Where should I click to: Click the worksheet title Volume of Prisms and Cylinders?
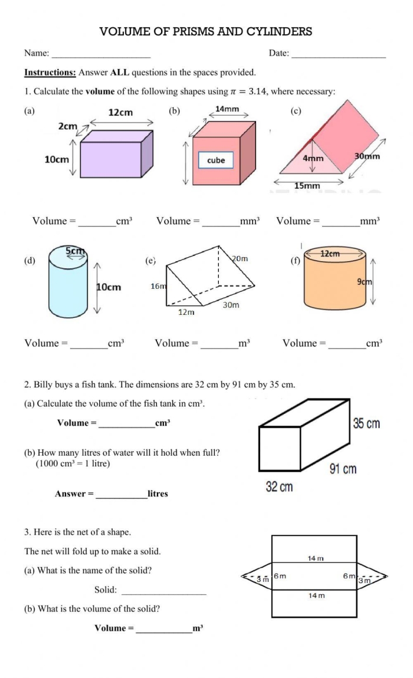pyautogui.click(x=206, y=32)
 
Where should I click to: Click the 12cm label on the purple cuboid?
pyautogui.click(x=121, y=113)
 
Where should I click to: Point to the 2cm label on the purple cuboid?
pyautogui.click(x=68, y=126)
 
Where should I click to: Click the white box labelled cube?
pyautogui.click(x=216, y=160)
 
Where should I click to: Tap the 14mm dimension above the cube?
pyautogui.click(x=227, y=108)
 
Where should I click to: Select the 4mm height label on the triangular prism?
pyautogui.click(x=313, y=159)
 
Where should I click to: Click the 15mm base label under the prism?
pyautogui.click(x=307, y=186)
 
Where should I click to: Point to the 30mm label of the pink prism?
pyautogui.click(x=367, y=157)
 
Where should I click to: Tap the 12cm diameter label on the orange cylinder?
pyautogui.click(x=330, y=254)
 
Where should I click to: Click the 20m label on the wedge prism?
pyautogui.click(x=240, y=259)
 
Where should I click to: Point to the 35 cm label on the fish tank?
pyautogui.click(x=366, y=423)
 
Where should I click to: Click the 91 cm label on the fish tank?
pyautogui.click(x=343, y=469)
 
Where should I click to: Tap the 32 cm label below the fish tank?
pyautogui.click(x=279, y=488)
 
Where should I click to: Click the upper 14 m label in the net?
pyautogui.click(x=315, y=558)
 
